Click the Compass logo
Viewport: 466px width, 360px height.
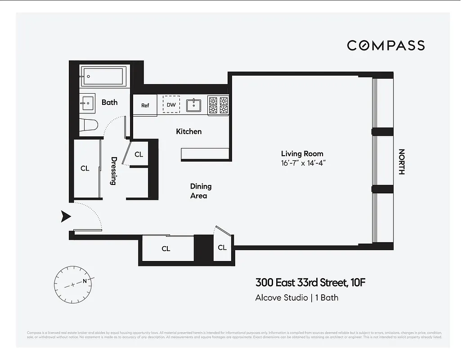tap(385, 45)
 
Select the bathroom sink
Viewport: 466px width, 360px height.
tap(88, 103)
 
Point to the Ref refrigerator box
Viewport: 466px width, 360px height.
tap(145, 105)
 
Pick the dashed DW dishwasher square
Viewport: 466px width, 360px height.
tap(171, 105)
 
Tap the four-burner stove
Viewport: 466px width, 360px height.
tap(218, 105)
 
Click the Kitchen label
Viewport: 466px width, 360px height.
tap(188, 131)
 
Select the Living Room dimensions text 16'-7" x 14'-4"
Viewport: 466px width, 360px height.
tap(302, 163)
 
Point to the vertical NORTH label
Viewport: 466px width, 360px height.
tap(402, 162)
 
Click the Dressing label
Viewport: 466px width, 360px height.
tap(114, 171)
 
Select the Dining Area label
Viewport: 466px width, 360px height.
tap(200, 191)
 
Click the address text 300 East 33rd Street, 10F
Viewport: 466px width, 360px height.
tap(307, 283)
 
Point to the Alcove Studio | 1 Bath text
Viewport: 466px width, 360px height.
tap(296, 297)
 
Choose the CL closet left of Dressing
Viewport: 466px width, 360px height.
tap(85, 169)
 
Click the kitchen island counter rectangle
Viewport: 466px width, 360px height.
tap(205, 154)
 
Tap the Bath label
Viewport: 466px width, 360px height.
tap(109, 102)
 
